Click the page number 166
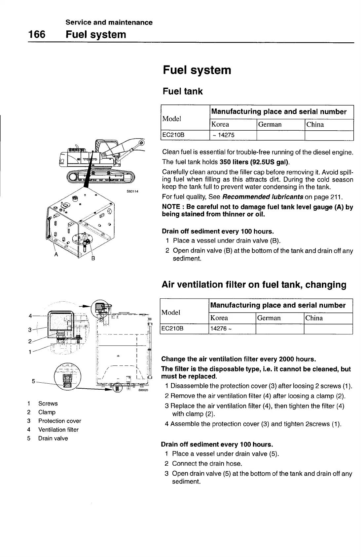(36, 34)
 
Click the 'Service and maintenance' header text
(109, 22)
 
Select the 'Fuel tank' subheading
(183, 91)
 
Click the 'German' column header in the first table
(270, 125)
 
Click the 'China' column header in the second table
(314, 318)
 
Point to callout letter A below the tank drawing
(56, 254)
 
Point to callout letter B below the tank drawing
(93, 258)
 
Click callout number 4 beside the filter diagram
(30, 316)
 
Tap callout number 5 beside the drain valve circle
(33, 381)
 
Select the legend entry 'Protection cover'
(59, 421)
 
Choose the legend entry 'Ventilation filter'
(58, 430)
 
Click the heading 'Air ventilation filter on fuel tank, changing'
(254, 285)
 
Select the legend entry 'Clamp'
(47, 412)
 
